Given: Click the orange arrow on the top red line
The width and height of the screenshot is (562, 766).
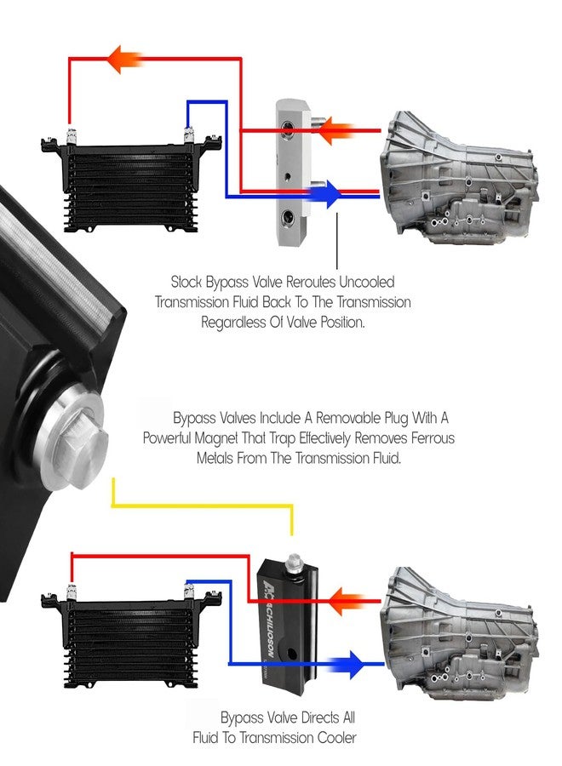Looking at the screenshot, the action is [x=124, y=59].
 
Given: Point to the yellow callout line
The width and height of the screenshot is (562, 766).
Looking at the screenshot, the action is [x=203, y=506].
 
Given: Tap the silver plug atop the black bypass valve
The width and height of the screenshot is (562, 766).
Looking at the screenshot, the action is [x=294, y=563].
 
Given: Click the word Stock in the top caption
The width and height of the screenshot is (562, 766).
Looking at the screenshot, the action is [x=186, y=282].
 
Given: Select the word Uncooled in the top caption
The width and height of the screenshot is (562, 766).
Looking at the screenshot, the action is [x=366, y=282].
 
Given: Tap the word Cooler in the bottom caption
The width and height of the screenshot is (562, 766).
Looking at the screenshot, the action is [x=337, y=737].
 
